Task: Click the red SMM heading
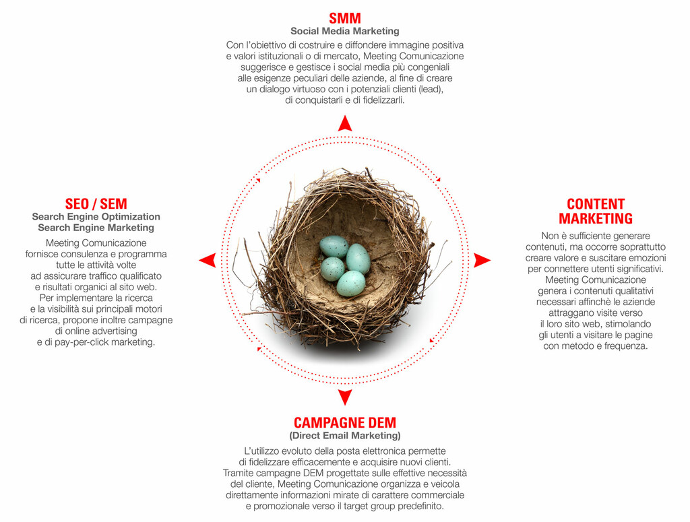[x=345, y=18]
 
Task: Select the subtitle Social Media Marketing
[x=345, y=31]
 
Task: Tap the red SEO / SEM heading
[x=96, y=204]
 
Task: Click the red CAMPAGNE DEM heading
[x=345, y=422]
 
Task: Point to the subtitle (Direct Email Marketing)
[x=345, y=436]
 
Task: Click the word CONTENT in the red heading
[x=596, y=204]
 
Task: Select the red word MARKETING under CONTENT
[x=596, y=218]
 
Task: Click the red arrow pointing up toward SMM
[x=345, y=123]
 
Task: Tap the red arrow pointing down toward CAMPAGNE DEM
[x=345, y=397]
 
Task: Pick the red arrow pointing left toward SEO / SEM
[x=208, y=261]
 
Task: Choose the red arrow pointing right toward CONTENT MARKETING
[x=482, y=261]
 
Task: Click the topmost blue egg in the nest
[x=334, y=247]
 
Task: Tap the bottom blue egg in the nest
[x=351, y=284]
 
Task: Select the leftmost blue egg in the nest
[x=333, y=269]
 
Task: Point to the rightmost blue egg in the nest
[x=358, y=259]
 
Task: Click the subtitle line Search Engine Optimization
[x=96, y=217]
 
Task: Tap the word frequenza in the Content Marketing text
[x=626, y=346]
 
